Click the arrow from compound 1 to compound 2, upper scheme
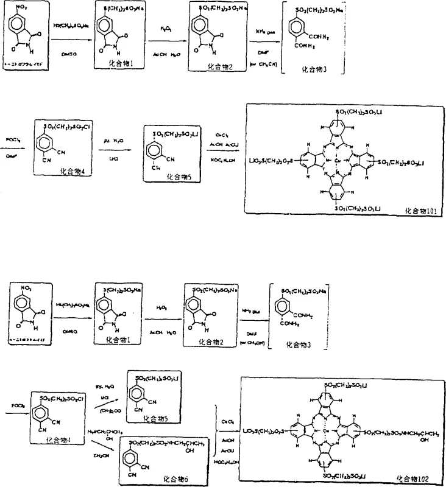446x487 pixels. pos(166,40)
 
